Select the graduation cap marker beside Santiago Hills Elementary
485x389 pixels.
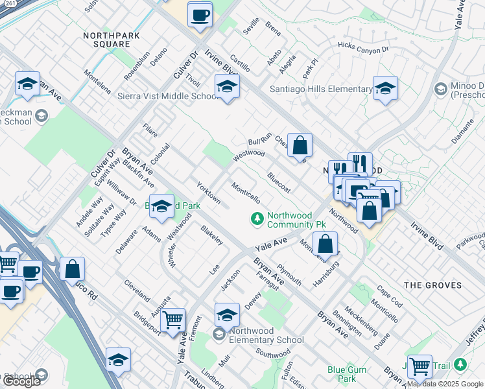tap(385, 89)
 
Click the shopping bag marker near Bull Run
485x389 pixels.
tap(300, 146)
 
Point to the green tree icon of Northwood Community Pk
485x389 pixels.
tap(257, 219)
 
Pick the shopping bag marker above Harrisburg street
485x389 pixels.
tap(325, 244)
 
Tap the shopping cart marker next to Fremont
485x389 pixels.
tap(172, 320)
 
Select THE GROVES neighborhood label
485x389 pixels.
tap(432, 285)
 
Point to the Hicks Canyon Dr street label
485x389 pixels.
tap(362, 47)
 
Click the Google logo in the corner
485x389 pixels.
tap(21, 381)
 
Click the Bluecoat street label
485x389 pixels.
tap(278, 182)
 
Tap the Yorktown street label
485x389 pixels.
tap(208, 193)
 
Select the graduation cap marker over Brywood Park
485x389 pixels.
tap(161, 206)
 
